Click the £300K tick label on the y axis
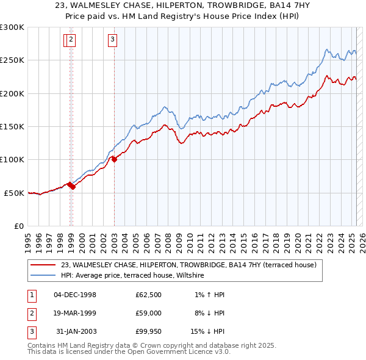click(x=12, y=27)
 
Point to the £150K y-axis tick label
click(x=12, y=126)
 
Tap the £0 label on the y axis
click(x=19, y=226)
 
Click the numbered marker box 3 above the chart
click(x=113, y=40)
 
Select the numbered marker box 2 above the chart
click(x=71, y=40)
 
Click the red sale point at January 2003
click(x=114, y=160)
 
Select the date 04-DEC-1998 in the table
click(x=75, y=295)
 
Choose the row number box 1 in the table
click(x=30, y=295)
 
